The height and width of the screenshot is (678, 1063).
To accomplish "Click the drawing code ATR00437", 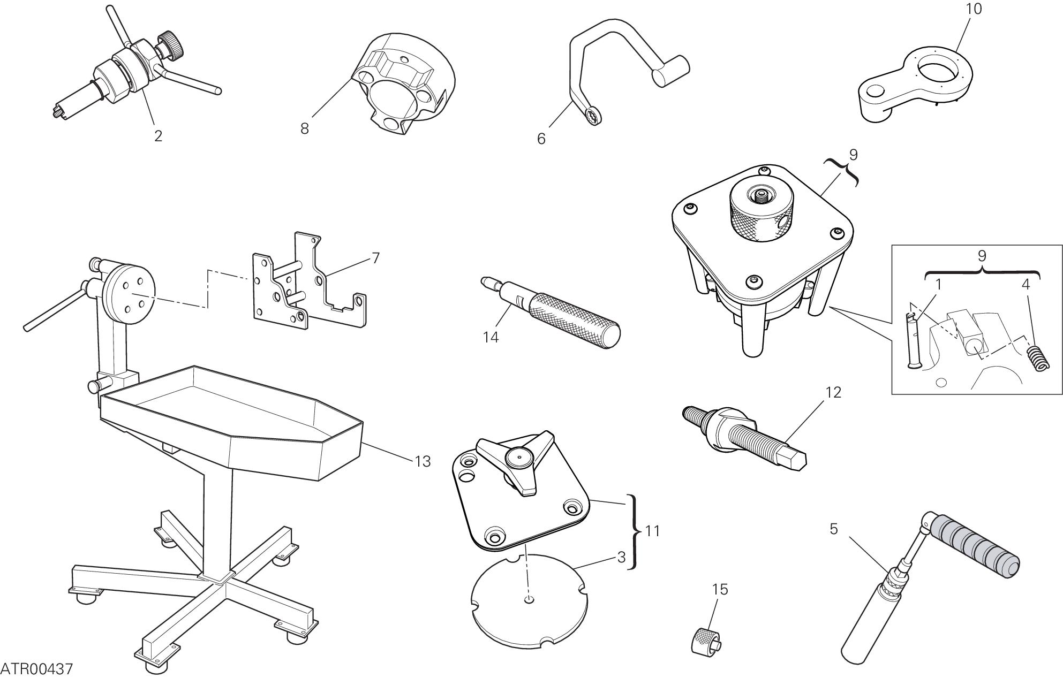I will pyautogui.click(x=36, y=669).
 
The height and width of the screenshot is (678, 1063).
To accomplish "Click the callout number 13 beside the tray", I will pyautogui.click(x=423, y=461).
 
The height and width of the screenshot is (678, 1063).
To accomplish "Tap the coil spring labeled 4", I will pyautogui.click(x=1037, y=358).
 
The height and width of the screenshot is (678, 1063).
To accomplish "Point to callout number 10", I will pyautogui.click(x=974, y=9).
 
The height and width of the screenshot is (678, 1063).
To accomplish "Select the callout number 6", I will pyautogui.click(x=541, y=139).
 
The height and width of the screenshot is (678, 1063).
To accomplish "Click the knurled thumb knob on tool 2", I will pyautogui.click(x=171, y=41).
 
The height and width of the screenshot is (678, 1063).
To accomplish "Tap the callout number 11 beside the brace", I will pyautogui.click(x=652, y=531).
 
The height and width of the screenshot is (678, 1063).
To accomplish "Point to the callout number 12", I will pyautogui.click(x=833, y=392).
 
